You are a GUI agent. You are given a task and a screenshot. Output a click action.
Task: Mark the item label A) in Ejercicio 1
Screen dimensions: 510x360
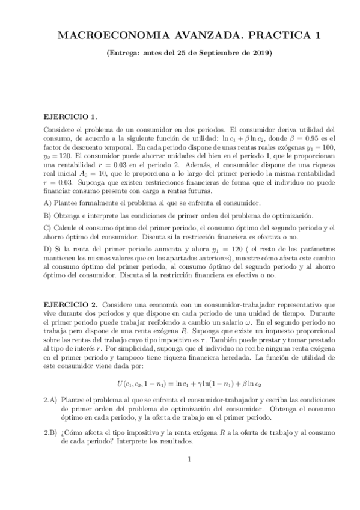click(x=48, y=203)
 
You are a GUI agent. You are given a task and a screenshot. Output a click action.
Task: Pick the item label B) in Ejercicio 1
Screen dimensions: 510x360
click(x=48, y=215)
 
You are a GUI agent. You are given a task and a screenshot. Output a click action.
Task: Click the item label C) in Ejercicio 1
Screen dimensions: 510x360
click(x=48, y=228)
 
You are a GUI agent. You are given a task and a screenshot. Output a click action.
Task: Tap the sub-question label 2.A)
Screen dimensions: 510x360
click(x=51, y=399)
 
